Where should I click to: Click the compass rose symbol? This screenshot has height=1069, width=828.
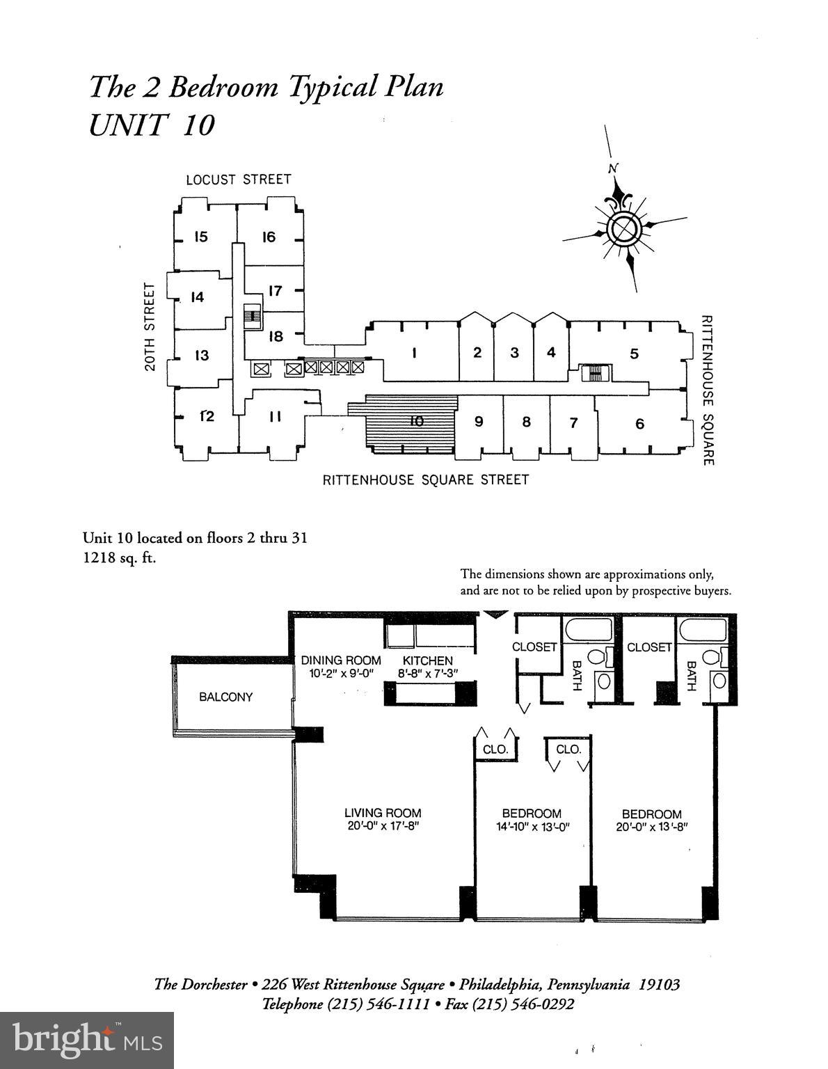tap(622, 228)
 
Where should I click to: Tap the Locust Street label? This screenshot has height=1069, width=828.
tap(238, 180)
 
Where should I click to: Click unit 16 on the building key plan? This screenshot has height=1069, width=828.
tap(269, 237)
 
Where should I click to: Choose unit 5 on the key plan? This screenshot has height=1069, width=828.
tap(634, 354)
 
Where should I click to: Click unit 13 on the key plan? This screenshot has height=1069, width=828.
tap(202, 356)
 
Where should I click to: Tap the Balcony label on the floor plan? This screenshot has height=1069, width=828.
tap(225, 697)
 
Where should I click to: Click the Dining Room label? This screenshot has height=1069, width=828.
tap(341, 660)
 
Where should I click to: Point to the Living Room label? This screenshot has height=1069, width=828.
tap(383, 812)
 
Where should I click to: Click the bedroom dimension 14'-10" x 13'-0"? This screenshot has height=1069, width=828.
tap(532, 827)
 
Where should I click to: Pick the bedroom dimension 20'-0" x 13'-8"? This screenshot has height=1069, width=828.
tap(651, 828)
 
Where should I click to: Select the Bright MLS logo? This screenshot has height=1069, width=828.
tap(87, 1040)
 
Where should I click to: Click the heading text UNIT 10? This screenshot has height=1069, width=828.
tap(152, 125)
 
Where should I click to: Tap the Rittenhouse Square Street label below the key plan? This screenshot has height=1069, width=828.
tap(425, 480)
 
